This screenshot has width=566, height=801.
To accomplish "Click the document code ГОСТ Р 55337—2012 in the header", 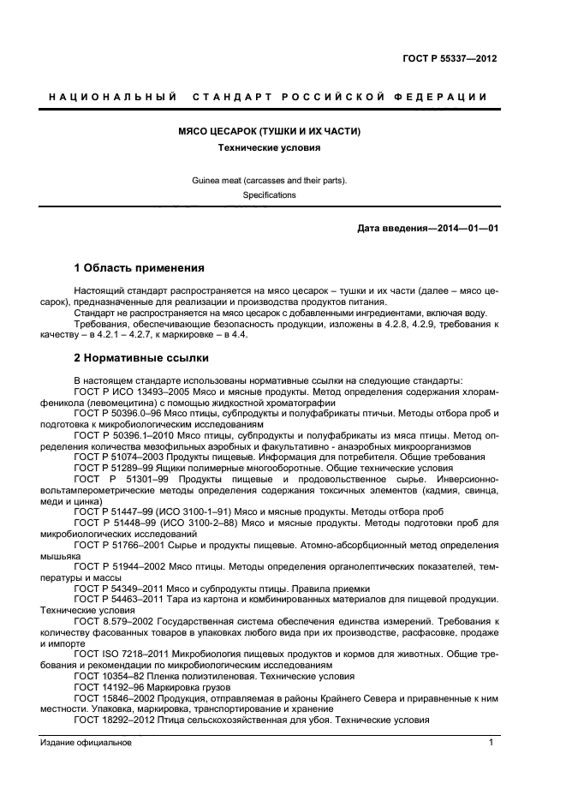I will [450, 58].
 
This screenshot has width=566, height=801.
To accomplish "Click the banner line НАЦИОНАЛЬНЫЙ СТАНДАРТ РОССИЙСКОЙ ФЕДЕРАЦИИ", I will [268, 97].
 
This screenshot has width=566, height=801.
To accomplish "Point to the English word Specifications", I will [268, 195].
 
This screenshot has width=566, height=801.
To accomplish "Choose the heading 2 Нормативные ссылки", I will [140, 357].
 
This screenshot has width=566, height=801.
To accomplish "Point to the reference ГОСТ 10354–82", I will [108, 676].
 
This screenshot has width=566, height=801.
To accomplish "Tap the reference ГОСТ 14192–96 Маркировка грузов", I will [108, 687].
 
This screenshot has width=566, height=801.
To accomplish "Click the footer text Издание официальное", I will [86, 744].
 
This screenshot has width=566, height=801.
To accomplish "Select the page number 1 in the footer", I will [491, 744].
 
